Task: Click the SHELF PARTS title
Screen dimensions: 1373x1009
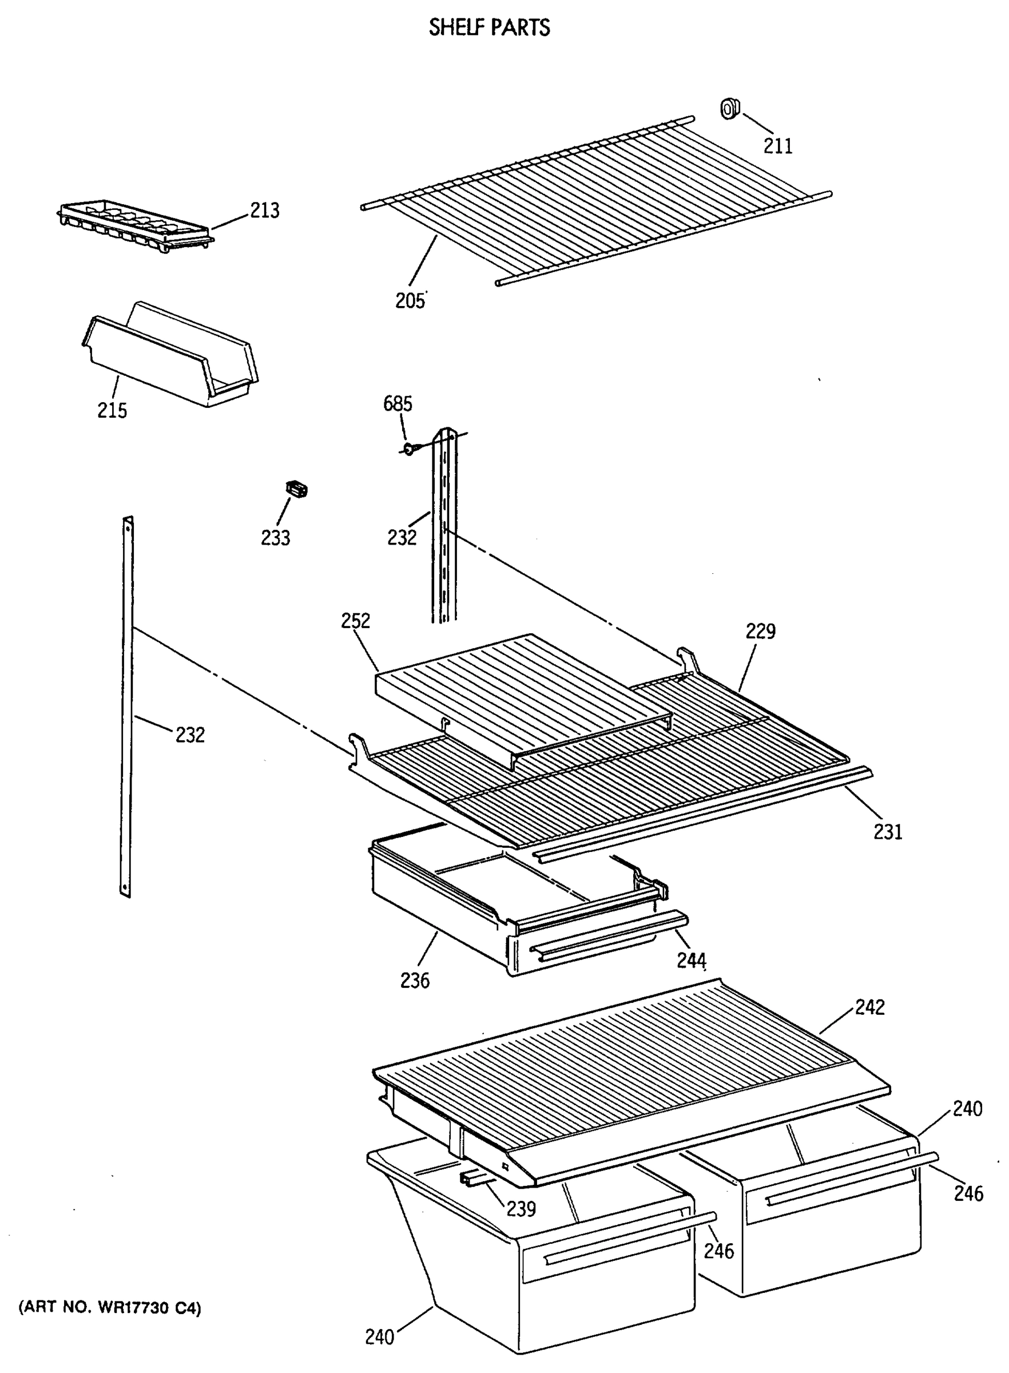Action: click(x=489, y=28)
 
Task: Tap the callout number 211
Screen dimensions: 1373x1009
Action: click(x=778, y=146)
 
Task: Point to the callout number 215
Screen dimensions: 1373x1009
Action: click(x=112, y=410)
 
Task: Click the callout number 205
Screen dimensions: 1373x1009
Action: click(x=410, y=301)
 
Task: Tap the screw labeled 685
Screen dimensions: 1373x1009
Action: click(x=408, y=450)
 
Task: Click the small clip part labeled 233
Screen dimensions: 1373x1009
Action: click(x=297, y=489)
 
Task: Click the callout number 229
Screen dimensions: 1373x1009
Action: click(x=760, y=631)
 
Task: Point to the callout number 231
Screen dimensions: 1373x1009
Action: click(x=888, y=832)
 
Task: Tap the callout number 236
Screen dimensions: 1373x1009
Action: click(x=415, y=981)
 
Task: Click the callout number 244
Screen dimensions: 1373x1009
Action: click(x=692, y=961)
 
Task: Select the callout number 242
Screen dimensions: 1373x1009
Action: click(x=870, y=1007)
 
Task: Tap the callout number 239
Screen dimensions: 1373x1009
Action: click(x=521, y=1209)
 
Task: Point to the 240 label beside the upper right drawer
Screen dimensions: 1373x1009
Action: click(x=967, y=1109)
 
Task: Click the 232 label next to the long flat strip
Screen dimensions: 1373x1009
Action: click(x=190, y=735)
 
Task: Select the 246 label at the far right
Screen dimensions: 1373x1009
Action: click(x=969, y=1193)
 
